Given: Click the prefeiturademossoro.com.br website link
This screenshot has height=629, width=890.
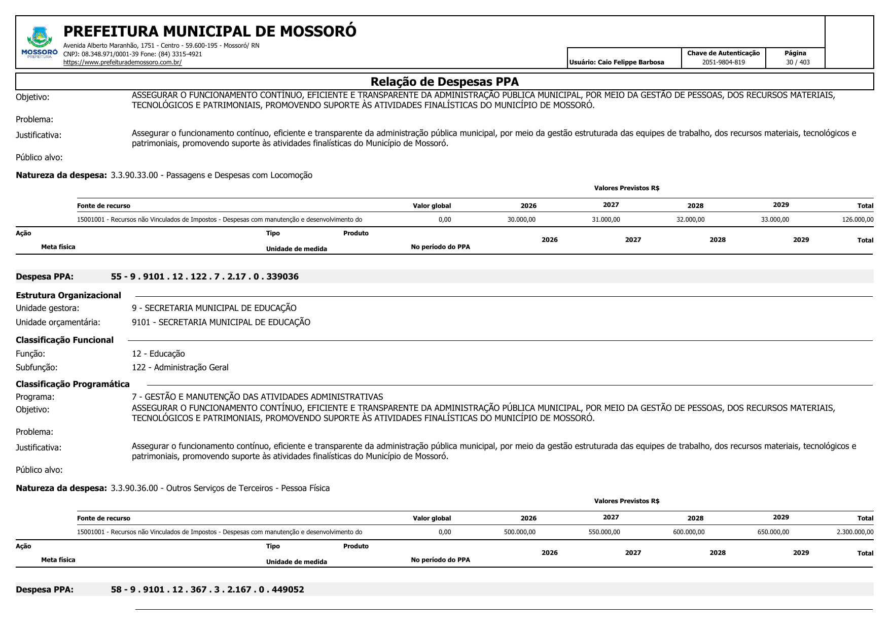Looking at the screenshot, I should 122,62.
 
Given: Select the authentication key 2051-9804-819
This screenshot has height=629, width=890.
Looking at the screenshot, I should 723,62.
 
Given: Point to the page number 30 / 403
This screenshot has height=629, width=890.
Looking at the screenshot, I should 798,62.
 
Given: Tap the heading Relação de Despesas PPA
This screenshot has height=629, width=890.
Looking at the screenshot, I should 444,82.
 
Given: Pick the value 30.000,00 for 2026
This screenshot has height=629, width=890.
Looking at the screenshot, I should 521,220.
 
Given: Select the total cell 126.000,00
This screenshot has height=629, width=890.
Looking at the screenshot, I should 858,220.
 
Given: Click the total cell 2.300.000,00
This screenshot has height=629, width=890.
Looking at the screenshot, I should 855,532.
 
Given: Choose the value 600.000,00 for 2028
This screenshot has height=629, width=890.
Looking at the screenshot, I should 689,532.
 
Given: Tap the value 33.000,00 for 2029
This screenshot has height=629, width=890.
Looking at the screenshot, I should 775,220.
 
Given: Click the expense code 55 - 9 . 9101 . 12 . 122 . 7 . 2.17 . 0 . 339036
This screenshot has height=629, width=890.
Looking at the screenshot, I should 205,276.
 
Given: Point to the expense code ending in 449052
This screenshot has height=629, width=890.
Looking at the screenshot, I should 207,589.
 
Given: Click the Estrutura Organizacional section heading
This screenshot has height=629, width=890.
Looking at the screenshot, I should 68,295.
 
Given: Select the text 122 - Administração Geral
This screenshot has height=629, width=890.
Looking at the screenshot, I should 180,367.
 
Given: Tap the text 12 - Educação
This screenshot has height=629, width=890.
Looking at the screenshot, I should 158,354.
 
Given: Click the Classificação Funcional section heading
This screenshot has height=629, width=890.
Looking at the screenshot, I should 64,340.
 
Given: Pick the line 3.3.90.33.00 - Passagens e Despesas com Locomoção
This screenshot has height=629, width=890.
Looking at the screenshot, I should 211,176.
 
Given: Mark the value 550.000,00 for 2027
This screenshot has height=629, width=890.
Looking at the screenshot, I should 604,532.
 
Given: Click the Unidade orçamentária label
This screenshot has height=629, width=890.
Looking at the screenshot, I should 58,322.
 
